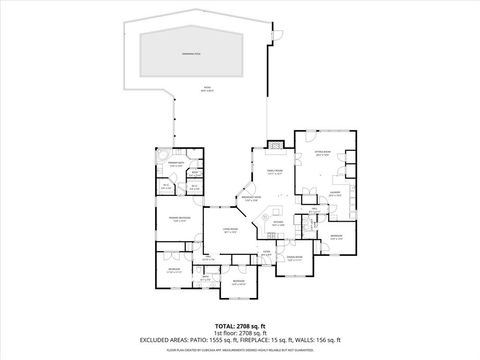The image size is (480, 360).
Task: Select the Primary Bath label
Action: coord(176,164)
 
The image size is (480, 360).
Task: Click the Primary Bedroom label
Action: coord(180,218)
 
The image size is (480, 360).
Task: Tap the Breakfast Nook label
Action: coord(250,198)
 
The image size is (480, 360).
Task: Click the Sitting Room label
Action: coord(322,153)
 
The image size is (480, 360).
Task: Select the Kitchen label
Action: coord(279,223)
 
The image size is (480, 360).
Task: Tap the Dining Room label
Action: coord(294,259)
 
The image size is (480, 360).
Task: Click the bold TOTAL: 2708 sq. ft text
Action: coord(239,326)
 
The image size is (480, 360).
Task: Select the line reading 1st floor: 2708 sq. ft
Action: coord(239,333)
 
